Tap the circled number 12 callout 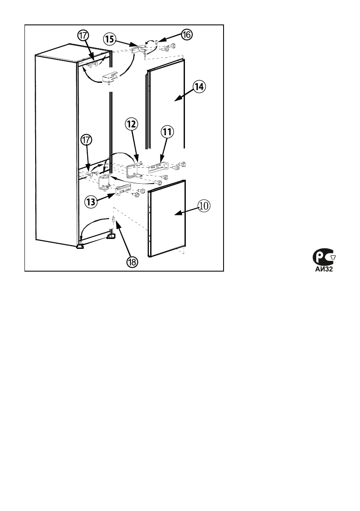(x=131, y=124)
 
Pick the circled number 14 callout (x=199, y=87)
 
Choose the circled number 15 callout (x=109, y=39)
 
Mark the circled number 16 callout (x=185, y=35)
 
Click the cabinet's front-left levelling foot (x=80, y=246)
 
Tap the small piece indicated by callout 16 (x=157, y=42)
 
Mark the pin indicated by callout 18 (x=113, y=220)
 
